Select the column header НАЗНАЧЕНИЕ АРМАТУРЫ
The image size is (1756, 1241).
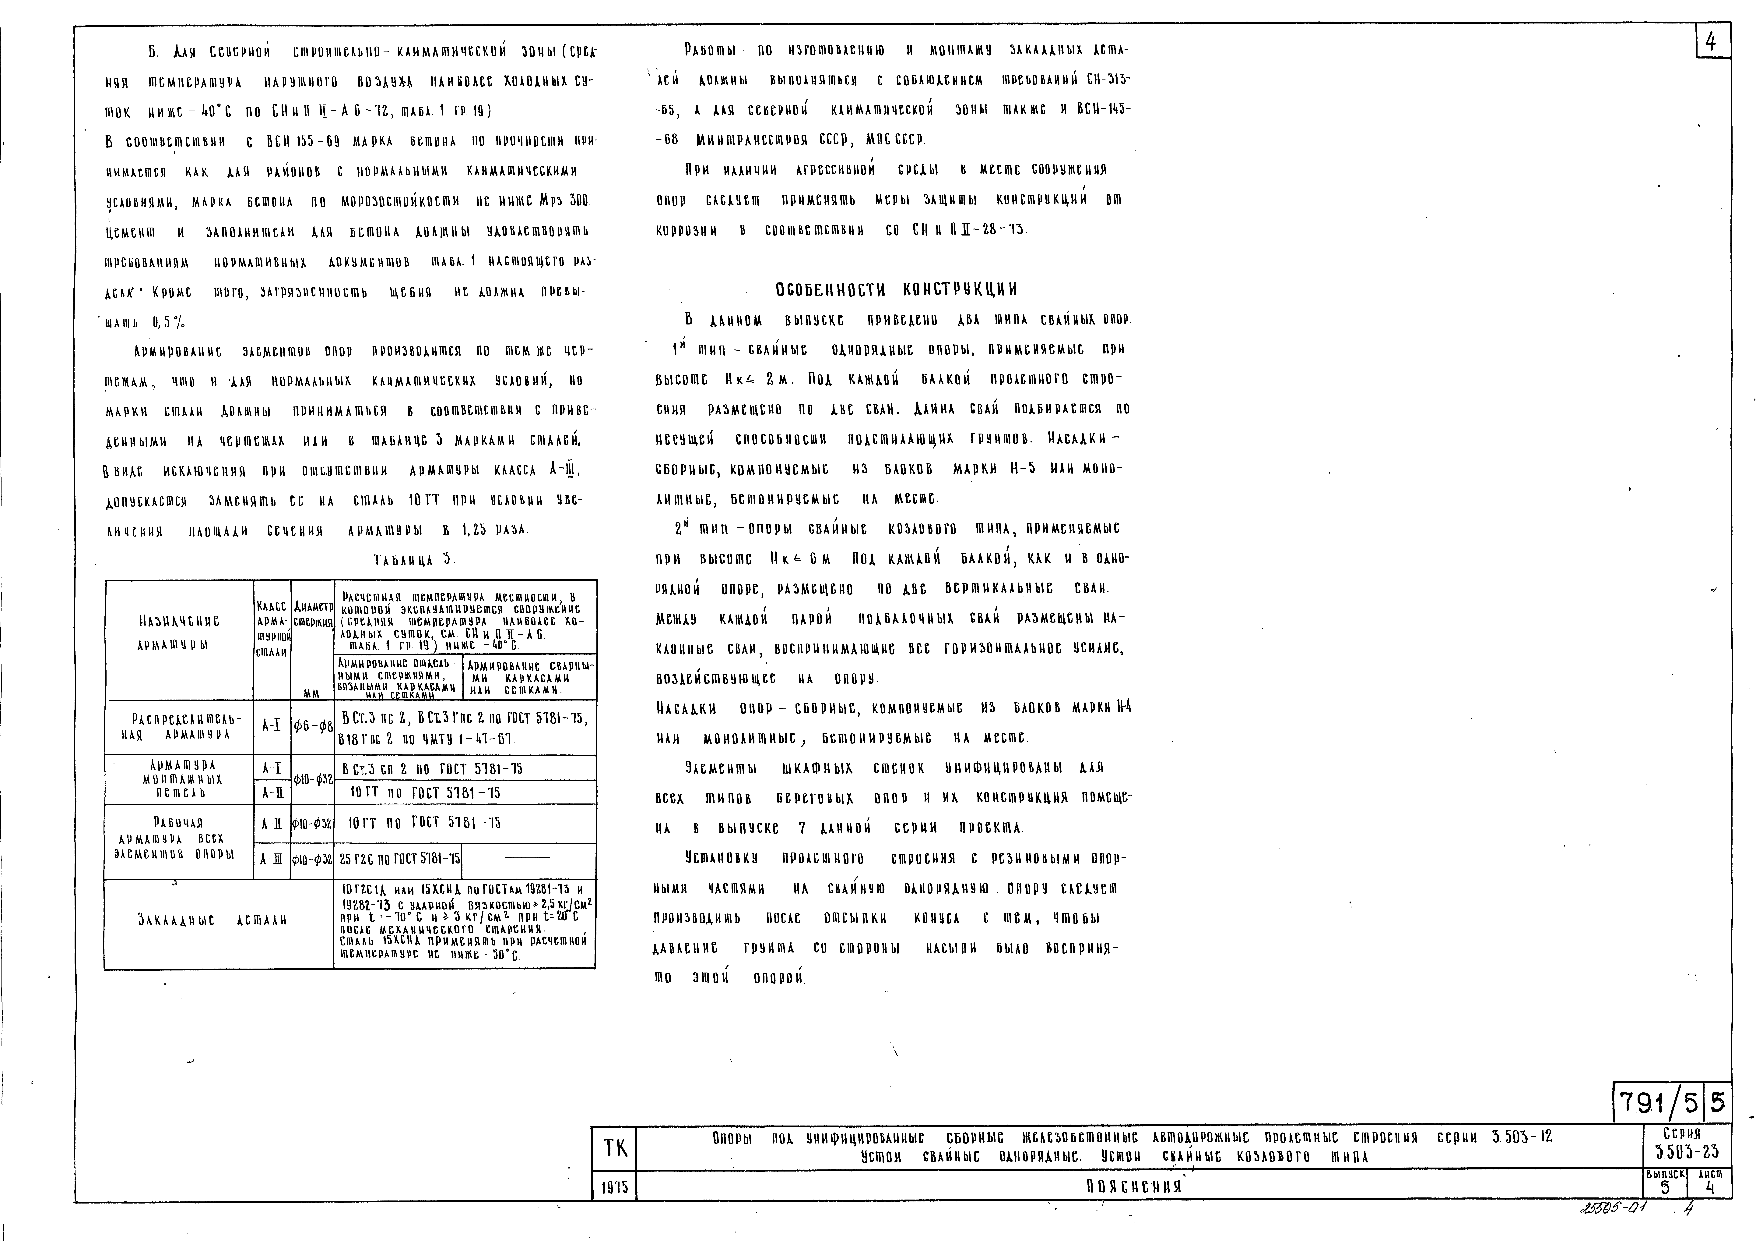click(x=179, y=633)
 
